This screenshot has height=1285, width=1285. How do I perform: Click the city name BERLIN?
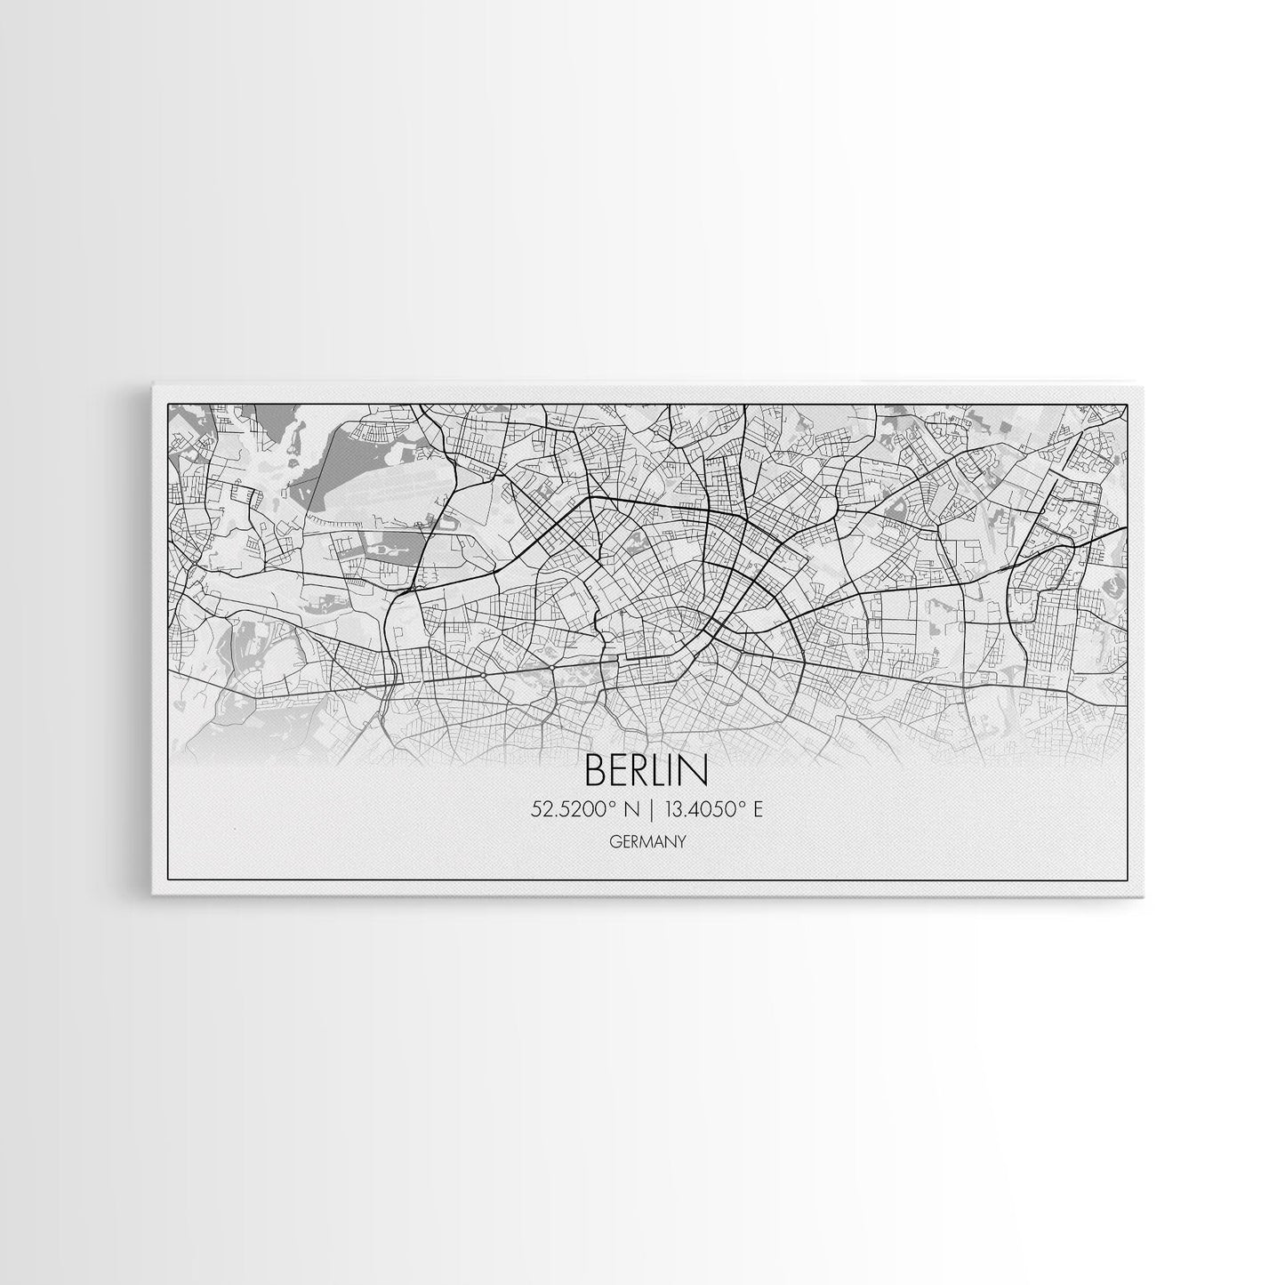click(647, 772)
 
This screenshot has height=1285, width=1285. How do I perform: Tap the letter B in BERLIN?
click(594, 772)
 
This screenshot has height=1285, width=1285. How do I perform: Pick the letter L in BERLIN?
click(660, 772)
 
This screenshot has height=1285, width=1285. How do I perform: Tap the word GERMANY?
click(647, 842)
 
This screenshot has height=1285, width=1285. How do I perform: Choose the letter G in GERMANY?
click(616, 842)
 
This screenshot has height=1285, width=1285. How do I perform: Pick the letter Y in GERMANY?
click(680, 842)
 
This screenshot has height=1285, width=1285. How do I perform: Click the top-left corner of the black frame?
click(168, 404)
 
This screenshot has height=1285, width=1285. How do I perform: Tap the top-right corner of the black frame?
click(1128, 404)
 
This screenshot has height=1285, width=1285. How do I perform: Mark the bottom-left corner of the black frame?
click(168, 879)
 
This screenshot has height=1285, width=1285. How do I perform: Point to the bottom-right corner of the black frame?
click(1128, 879)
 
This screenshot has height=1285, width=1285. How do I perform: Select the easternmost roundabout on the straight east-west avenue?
click(552, 666)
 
